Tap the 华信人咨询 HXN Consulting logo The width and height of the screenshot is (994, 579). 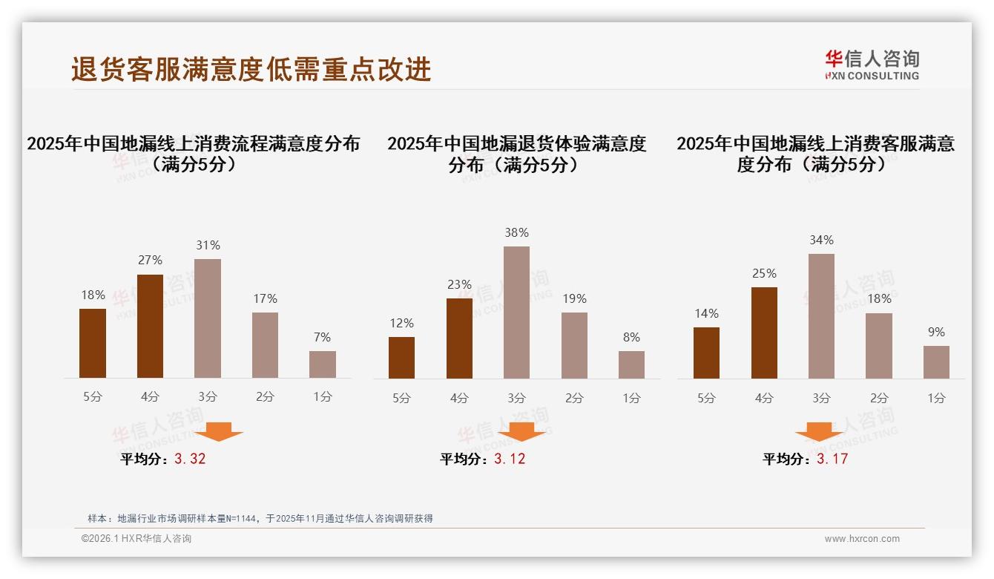[x=872, y=65]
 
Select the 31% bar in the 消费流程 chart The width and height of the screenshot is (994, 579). [x=208, y=318]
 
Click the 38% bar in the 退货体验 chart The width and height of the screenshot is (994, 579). [x=516, y=313]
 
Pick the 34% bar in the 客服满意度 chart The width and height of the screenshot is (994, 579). [x=821, y=316]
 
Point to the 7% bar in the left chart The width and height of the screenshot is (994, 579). [x=323, y=364]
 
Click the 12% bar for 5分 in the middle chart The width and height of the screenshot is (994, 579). [x=401, y=358]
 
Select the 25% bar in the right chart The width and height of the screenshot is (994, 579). [x=764, y=333]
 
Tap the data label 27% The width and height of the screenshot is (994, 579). [x=150, y=260]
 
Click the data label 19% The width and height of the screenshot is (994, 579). [x=574, y=298]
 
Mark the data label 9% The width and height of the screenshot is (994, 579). [x=936, y=332]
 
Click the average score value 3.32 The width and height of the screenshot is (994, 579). [x=190, y=459]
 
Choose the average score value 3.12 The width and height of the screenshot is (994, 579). [x=510, y=459]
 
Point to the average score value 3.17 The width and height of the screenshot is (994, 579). [x=832, y=459]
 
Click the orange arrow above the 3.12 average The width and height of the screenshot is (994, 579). [x=521, y=431]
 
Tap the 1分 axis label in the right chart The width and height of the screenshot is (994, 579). [x=936, y=398]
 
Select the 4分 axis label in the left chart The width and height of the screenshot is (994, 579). [x=150, y=397]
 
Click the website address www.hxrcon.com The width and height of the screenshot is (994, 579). [x=862, y=539]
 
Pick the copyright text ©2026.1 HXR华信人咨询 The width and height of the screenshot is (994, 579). [x=136, y=539]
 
